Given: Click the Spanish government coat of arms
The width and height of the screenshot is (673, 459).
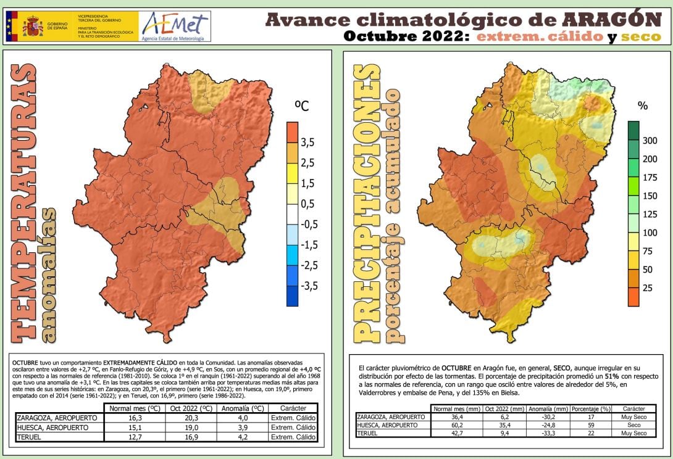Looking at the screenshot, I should (32, 27).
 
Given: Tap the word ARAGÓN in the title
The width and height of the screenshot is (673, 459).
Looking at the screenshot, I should (613, 19).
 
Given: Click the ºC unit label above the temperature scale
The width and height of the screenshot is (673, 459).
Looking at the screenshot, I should (301, 105).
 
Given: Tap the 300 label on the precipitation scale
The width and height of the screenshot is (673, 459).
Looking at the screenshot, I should (650, 141).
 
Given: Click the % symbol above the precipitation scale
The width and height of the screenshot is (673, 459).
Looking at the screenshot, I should (642, 105).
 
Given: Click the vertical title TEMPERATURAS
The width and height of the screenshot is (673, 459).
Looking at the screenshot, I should (23, 202).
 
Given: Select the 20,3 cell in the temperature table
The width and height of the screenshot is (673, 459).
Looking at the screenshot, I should (191, 418).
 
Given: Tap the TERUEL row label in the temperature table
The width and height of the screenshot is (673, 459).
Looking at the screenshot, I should (31, 437).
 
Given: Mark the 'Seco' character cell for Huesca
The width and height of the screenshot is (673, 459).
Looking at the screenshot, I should (634, 425).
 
